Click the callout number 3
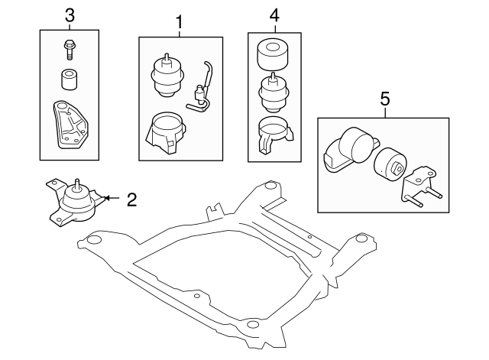(x=70, y=15)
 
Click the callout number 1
(x=180, y=22)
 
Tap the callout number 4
(x=274, y=15)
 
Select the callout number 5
(x=384, y=99)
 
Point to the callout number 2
(x=131, y=200)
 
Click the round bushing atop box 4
(x=274, y=53)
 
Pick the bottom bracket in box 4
(x=273, y=135)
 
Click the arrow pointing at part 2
(x=108, y=198)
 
